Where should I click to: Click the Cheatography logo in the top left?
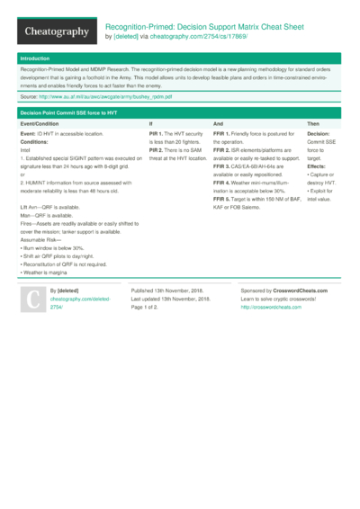point(55,31)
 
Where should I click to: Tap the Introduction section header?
point(36,58)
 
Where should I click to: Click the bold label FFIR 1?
point(222,132)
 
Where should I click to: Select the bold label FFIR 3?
point(222,165)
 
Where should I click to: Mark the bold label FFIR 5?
point(222,198)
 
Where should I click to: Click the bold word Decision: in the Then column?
point(320,132)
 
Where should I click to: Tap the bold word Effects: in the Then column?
point(318,165)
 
